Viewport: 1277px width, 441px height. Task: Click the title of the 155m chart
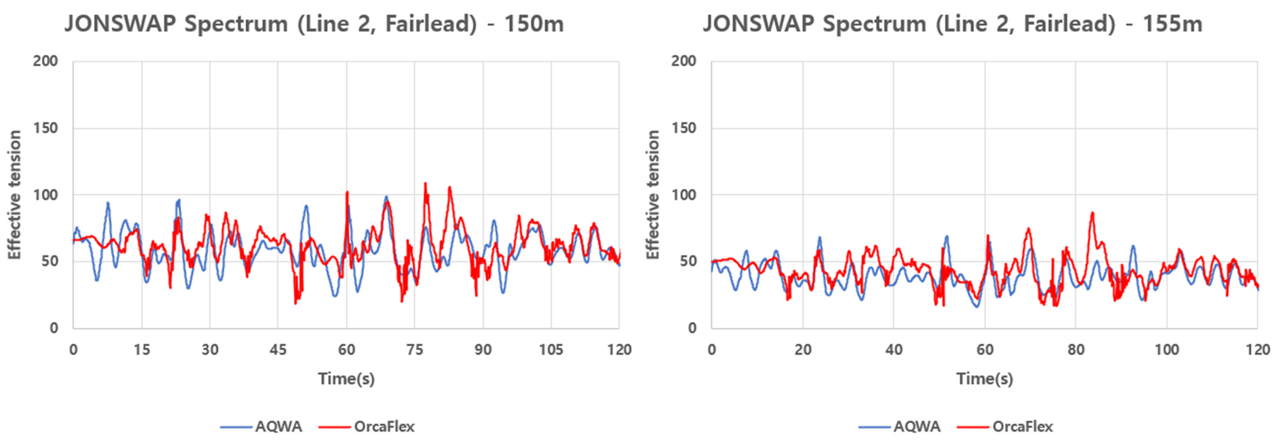[952, 24]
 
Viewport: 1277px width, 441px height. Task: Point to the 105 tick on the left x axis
[551, 350]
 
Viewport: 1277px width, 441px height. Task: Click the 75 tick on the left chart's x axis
[414, 350]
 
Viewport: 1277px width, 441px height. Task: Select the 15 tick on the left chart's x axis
[142, 350]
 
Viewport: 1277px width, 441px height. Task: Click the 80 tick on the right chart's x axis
[1076, 350]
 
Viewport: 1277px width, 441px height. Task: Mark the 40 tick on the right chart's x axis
[894, 350]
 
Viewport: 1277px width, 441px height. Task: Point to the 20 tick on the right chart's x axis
[803, 350]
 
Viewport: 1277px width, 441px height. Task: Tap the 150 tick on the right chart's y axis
[684, 128]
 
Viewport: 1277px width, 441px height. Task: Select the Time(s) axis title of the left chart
[346, 379]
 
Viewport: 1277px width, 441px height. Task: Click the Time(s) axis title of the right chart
[985, 379]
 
